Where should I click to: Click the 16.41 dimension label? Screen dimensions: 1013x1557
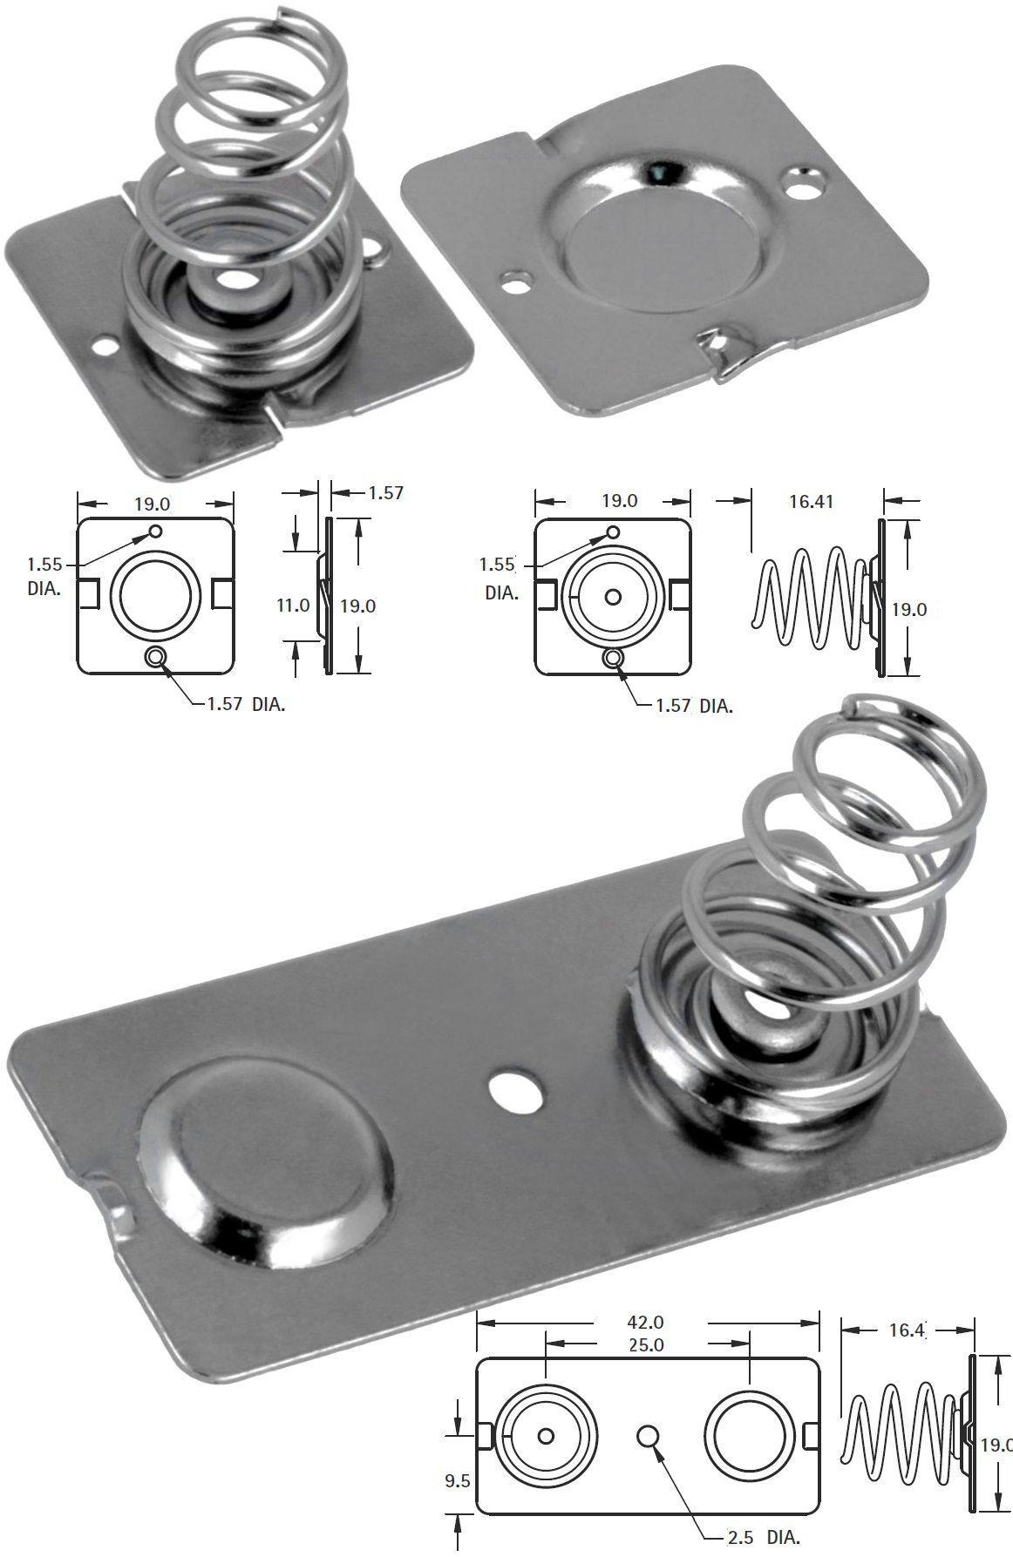pos(811,502)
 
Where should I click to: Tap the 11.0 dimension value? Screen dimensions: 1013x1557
pos(293,605)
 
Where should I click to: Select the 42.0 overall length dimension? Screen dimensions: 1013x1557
pos(646,1322)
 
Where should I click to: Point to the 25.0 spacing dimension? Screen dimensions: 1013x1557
pos(646,1345)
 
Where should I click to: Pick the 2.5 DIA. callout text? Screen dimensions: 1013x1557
pos(764,1538)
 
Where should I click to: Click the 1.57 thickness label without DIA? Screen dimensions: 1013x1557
pos(385,493)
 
